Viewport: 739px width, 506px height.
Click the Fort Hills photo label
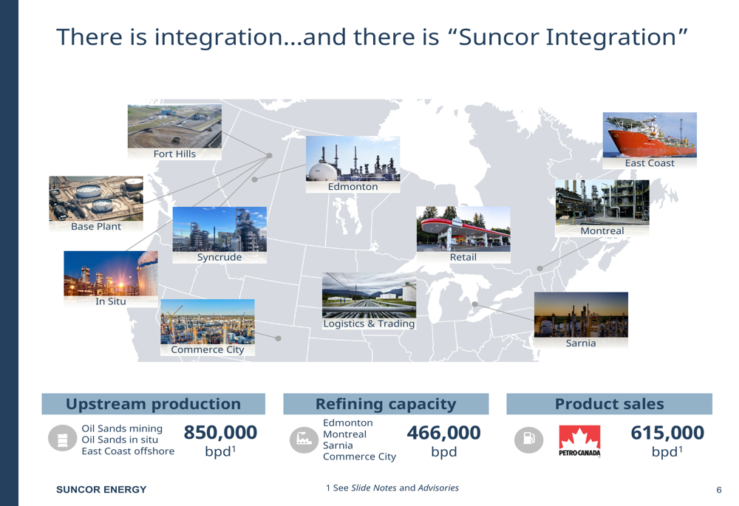click(x=174, y=154)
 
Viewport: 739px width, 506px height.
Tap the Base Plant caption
click(x=96, y=227)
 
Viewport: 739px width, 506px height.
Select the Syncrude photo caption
click(x=219, y=257)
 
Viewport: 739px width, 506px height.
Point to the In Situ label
click(x=111, y=301)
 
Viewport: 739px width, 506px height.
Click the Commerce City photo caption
click(x=208, y=349)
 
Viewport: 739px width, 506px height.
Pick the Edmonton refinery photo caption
click(x=353, y=187)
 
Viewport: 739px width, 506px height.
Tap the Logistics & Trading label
click(x=369, y=324)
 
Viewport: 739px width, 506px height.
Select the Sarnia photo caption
click(x=581, y=343)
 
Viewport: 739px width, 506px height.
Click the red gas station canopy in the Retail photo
click(x=464, y=226)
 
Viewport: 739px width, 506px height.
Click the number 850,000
click(x=220, y=432)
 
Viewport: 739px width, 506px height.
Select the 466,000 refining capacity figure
click(x=443, y=433)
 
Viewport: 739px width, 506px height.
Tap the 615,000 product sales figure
click(x=667, y=433)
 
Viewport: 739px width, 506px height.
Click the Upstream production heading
click(x=153, y=404)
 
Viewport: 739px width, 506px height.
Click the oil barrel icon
click(x=63, y=438)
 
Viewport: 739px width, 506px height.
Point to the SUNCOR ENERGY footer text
click(x=101, y=490)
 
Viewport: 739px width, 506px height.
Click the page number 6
click(x=719, y=490)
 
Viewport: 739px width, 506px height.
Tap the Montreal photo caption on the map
click(x=602, y=231)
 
